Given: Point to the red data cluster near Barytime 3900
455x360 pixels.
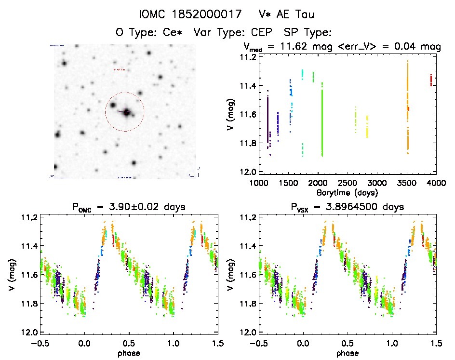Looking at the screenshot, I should tap(430, 80).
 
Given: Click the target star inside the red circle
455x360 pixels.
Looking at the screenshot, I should tap(127, 112).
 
